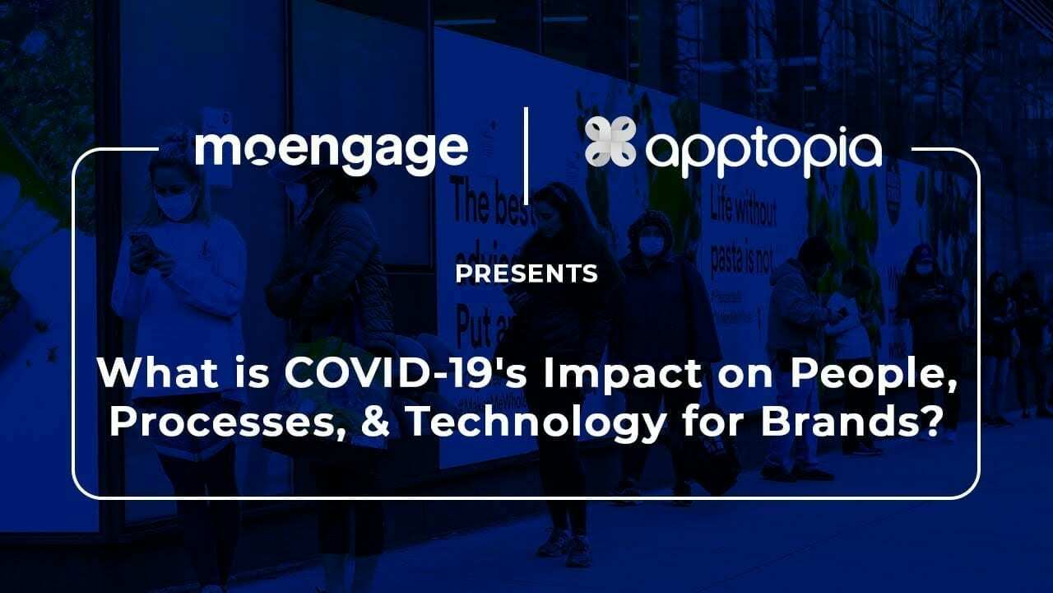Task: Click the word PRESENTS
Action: pos(526,273)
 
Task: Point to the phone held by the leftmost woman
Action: pos(141,245)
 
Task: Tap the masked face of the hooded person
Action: pos(651,245)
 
